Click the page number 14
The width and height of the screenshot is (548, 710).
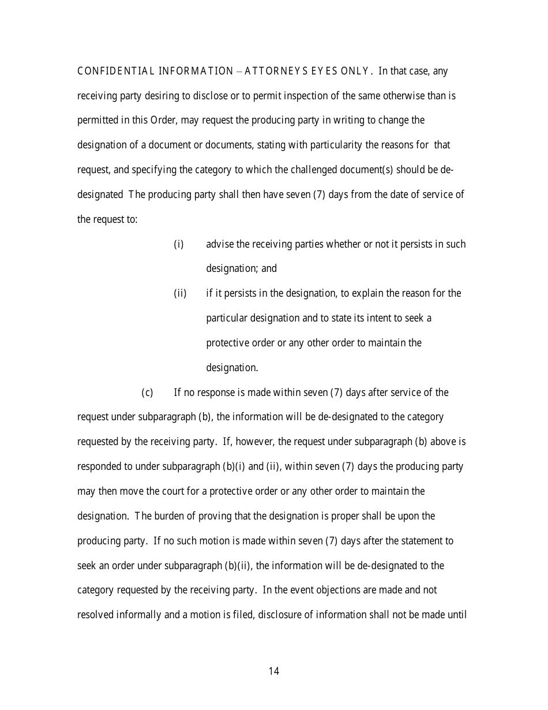[274, 671]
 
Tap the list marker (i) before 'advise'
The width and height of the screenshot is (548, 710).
[179, 244]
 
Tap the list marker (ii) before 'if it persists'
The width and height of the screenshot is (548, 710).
[180, 293]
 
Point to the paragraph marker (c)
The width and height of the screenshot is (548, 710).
[147, 393]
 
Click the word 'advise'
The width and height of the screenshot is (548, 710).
[220, 244]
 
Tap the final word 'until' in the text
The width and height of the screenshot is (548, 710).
[457, 615]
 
